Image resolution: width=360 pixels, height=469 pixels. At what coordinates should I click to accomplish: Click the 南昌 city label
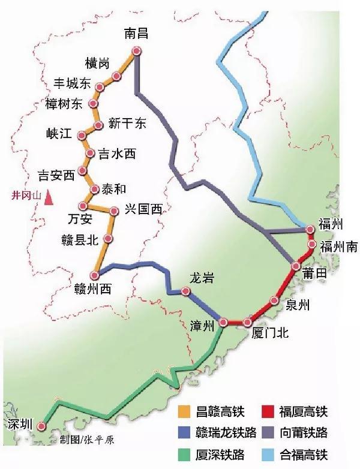tap(136, 34)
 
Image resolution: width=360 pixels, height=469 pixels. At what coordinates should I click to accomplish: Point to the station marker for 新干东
tap(99, 125)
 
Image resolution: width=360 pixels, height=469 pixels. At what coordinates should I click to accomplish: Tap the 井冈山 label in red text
tap(27, 196)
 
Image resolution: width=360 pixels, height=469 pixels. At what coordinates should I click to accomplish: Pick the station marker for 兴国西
tap(115, 211)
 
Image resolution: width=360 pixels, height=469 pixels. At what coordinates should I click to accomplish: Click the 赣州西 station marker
tap(94, 275)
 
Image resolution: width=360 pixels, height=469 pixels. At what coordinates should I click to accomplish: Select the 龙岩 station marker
tap(186, 292)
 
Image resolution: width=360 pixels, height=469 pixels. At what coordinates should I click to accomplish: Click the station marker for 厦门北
tap(248, 323)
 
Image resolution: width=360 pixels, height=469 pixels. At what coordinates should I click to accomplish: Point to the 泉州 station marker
tap(274, 301)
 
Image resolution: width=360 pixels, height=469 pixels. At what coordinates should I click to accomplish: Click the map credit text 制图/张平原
tap(88, 440)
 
